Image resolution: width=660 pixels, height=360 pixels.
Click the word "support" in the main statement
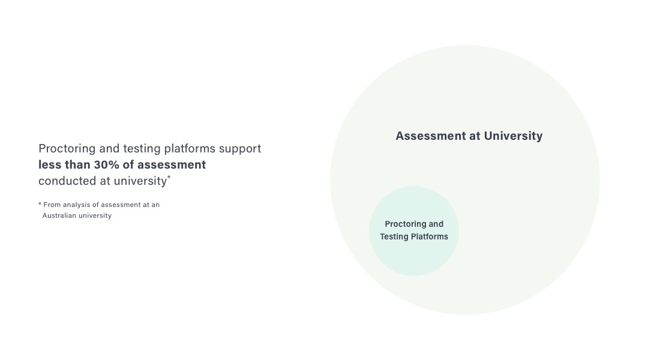241,149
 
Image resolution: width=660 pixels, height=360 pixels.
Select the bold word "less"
50,165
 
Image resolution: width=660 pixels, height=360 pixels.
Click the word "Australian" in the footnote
60,215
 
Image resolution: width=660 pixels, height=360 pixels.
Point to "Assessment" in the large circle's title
430,136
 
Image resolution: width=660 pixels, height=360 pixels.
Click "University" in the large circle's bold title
513,136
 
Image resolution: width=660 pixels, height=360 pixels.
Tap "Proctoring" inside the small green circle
406,224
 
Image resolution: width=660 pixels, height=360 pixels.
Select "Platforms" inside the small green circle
429,236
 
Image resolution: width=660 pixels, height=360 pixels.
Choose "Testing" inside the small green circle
394,236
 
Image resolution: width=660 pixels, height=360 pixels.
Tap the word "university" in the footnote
95,215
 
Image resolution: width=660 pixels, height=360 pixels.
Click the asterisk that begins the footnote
40,205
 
